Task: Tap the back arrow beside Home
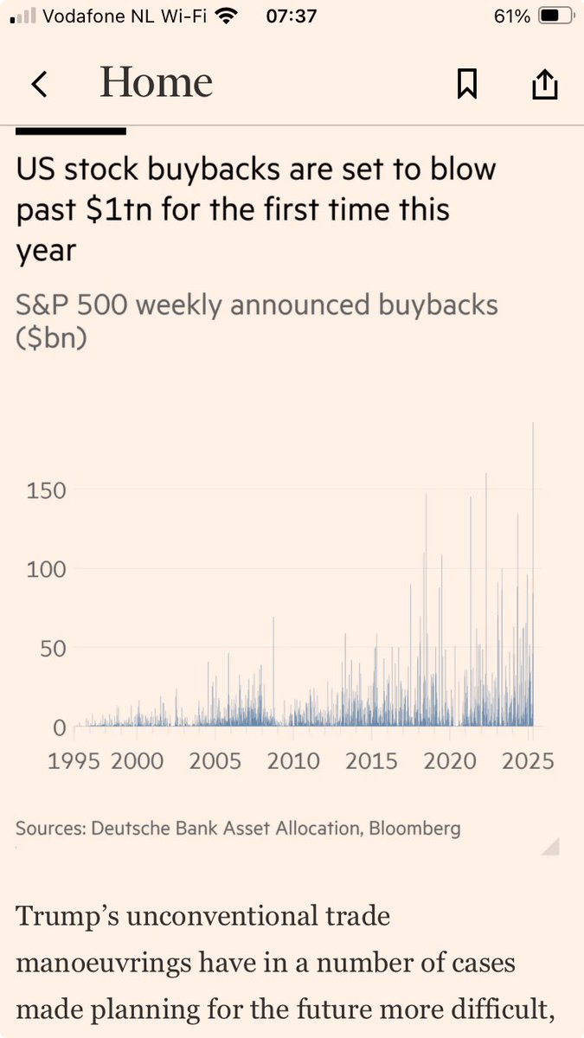click(x=38, y=84)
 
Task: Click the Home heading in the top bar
click(x=156, y=83)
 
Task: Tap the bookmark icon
click(x=467, y=84)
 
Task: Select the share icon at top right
click(x=544, y=84)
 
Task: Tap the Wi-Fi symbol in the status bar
click(x=227, y=16)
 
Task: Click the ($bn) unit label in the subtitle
click(x=51, y=339)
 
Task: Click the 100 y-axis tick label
click(x=48, y=569)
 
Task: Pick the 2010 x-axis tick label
click(x=292, y=761)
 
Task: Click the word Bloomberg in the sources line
click(x=415, y=829)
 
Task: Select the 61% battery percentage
click(x=511, y=16)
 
